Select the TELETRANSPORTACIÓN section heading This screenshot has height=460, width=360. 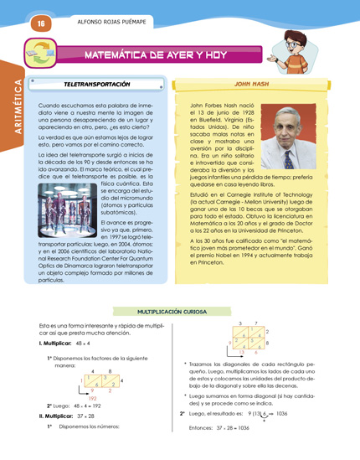click(97, 85)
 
